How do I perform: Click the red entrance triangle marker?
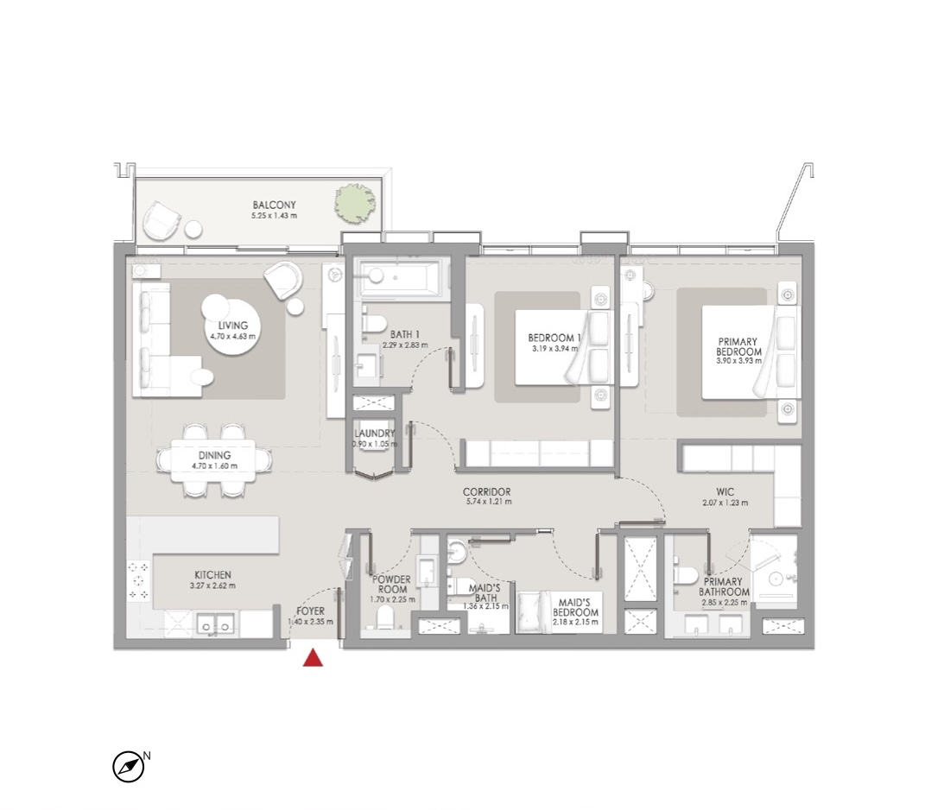pyautogui.click(x=313, y=658)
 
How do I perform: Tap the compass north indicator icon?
pyautogui.click(x=129, y=767)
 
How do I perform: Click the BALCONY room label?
pyautogui.click(x=274, y=206)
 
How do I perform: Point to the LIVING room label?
pyautogui.click(x=233, y=326)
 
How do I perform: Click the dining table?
pyautogui.click(x=213, y=460)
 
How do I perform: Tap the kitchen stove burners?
pyautogui.click(x=138, y=580)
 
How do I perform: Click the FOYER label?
pyautogui.click(x=310, y=611)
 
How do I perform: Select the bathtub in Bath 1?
pyautogui.click(x=401, y=277)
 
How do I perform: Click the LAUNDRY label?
pyautogui.click(x=375, y=433)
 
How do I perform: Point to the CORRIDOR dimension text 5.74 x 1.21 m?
pyautogui.click(x=488, y=502)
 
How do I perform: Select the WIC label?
pyautogui.click(x=725, y=491)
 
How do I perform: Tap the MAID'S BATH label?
pyautogui.click(x=485, y=592)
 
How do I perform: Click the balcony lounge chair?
pyautogui.click(x=160, y=220)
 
